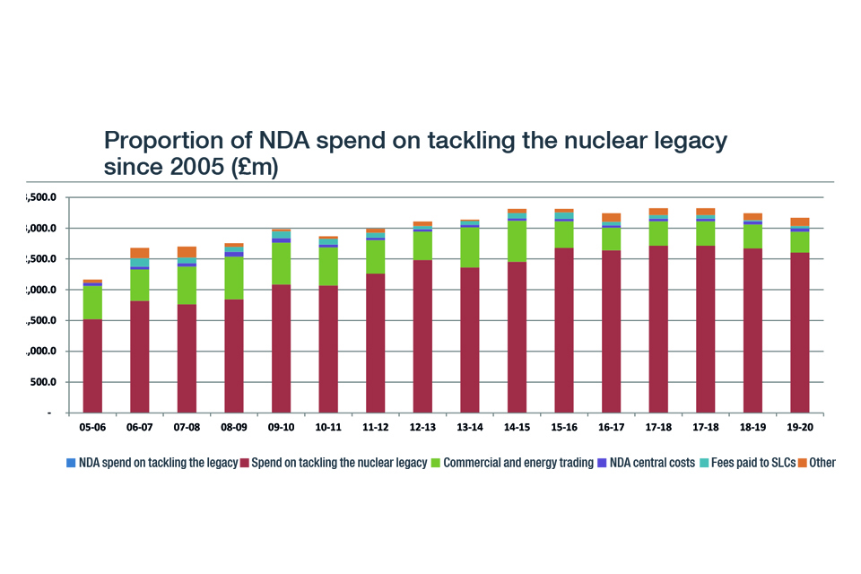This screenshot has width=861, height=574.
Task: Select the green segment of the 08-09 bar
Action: pos(234,278)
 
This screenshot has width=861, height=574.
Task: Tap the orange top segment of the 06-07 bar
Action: pos(139,253)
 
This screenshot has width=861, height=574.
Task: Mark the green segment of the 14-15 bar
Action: pos(517,241)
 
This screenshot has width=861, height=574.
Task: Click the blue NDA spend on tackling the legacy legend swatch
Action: pos(71,463)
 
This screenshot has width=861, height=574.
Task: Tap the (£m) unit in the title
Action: pos(255,168)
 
